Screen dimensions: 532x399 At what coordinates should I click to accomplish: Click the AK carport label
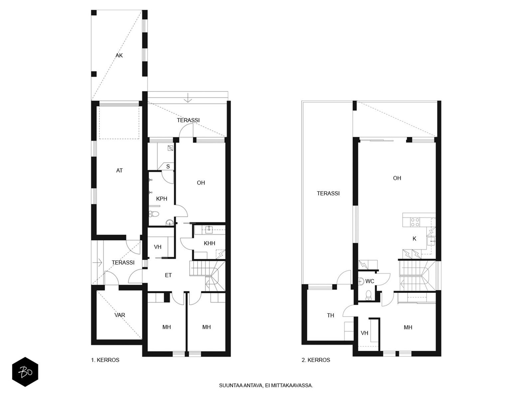(x=119, y=56)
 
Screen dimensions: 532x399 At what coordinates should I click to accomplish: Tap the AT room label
(x=119, y=171)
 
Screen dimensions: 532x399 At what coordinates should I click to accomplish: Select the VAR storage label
(x=120, y=315)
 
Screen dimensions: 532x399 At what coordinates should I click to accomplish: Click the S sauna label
(x=168, y=167)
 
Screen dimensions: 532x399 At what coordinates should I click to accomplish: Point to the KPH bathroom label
(x=162, y=199)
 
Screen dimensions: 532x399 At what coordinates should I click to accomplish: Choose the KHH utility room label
(x=209, y=243)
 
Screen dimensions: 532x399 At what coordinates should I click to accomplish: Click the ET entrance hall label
(x=168, y=275)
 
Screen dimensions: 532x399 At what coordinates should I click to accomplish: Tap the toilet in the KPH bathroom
(x=154, y=214)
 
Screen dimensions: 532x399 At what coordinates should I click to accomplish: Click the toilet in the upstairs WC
(x=368, y=295)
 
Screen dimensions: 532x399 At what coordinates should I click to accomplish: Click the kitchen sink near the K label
(x=431, y=241)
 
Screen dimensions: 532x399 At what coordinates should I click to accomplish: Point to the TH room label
(x=331, y=315)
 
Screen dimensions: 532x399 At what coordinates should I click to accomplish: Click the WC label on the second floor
(x=370, y=281)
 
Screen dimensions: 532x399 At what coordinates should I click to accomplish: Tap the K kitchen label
(x=414, y=239)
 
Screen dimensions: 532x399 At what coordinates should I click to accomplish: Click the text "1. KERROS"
(x=105, y=360)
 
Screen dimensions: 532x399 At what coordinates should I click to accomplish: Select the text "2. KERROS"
(x=316, y=360)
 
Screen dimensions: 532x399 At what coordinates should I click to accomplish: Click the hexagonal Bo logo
(x=25, y=372)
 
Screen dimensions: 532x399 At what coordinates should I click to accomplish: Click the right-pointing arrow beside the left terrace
(x=97, y=263)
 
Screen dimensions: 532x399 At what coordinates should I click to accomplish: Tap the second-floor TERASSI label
(x=328, y=193)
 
